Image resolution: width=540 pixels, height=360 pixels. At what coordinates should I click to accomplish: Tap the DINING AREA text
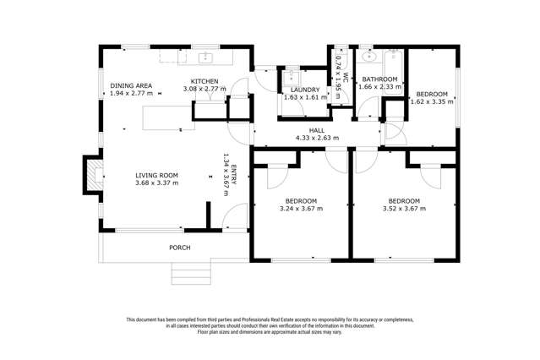click(x=131, y=85)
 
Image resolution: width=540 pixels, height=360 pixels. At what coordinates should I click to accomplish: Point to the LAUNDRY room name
click(x=304, y=89)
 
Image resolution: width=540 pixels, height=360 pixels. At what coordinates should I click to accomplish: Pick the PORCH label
click(x=179, y=248)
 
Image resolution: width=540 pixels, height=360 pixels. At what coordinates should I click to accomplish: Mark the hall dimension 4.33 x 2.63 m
click(x=316, y=138)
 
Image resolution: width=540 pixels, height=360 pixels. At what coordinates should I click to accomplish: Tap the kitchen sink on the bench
click(x=205, y=57)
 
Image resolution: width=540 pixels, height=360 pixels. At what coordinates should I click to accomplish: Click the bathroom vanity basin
click(x=368, y=57)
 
